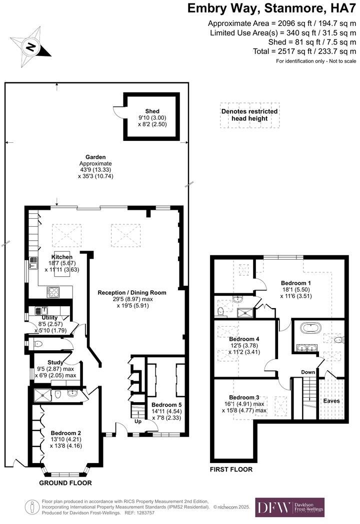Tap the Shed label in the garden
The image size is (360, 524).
152,111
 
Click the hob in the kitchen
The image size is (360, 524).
53,292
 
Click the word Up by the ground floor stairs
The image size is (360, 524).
137,421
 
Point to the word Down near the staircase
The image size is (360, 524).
307,372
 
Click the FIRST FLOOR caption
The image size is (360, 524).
231,470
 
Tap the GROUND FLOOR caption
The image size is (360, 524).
65,483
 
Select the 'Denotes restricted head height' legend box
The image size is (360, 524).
249,115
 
